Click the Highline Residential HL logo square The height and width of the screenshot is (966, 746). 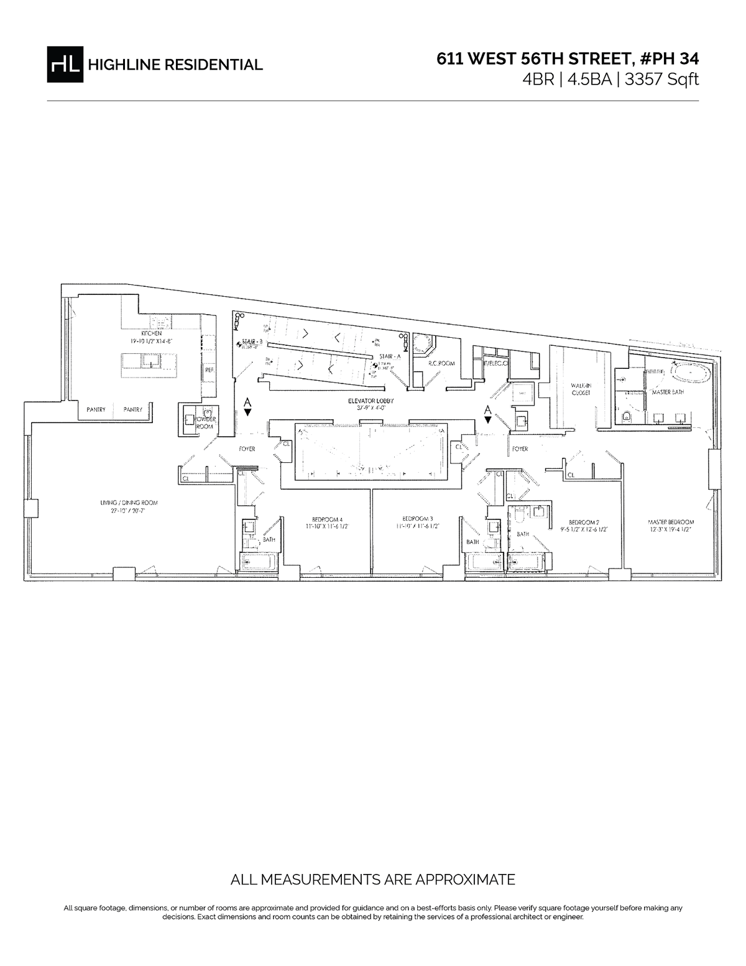[x=65, y=64]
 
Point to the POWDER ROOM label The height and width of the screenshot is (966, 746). [x=205, y=423]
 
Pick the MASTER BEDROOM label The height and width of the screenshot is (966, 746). [x=671, y=522]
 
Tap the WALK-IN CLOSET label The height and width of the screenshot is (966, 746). [x=580, y=389]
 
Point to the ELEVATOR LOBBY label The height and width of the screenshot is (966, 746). [x=371, y=402]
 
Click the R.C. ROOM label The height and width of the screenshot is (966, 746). [x=439, y=362]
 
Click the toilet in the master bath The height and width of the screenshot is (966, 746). [x=626, y=416]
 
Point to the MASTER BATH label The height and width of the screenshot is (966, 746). [x=668, y=393]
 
